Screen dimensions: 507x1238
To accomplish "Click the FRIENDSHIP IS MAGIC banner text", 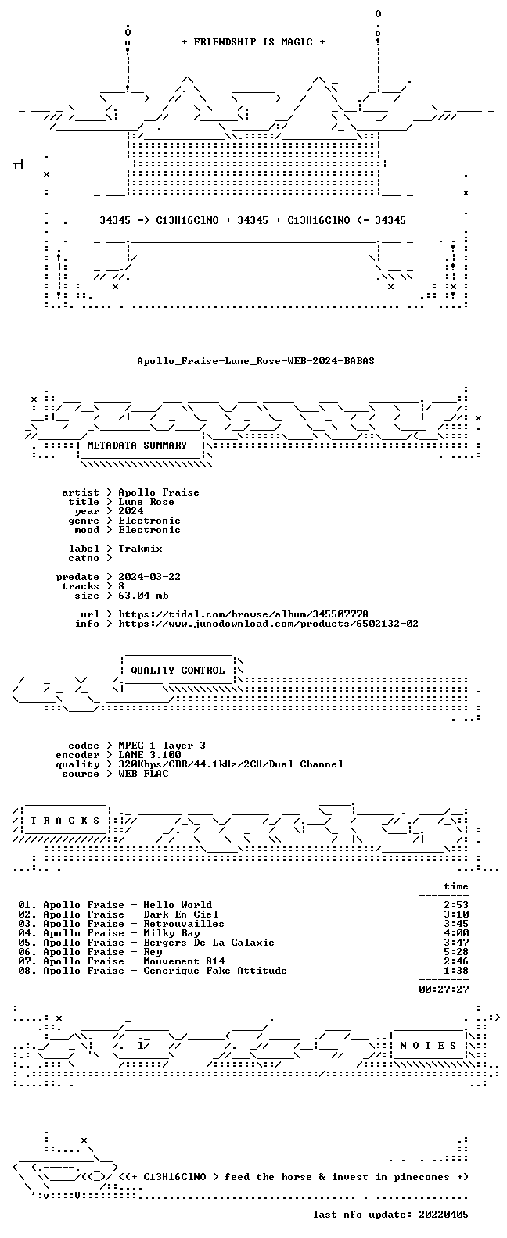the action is [x=253, y=42].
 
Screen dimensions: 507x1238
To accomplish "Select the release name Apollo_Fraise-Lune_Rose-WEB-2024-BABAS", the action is [x=256, y=361].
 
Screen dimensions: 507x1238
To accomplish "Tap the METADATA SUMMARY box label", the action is [x=137, y=445].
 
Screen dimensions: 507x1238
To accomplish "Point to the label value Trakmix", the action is [x=140, y=549].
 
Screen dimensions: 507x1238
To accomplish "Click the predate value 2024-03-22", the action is [x=149, y=577].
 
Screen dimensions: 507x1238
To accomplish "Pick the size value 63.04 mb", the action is [x=143, y=596].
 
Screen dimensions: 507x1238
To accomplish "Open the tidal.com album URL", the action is [x=243, y=614].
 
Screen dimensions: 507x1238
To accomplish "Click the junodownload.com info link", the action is [x=268, y=624].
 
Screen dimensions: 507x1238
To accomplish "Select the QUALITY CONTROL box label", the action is [x=178, y=671].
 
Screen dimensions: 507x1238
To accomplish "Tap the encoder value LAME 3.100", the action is [x=149, y=755].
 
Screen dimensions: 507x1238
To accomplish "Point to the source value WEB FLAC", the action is [x=143, y=774].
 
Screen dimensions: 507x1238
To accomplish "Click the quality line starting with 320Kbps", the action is [x=231, y=764].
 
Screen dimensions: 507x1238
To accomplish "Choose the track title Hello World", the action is [x=178, y=905].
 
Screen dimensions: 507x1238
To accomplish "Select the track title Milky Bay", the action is [x=171, y=933].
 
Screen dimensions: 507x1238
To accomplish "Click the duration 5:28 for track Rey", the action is [x=456, y=952].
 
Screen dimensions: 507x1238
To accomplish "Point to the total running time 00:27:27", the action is [x=444, y=989].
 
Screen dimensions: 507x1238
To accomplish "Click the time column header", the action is [x=456, y=886].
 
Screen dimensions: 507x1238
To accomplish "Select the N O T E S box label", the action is [x=428, y=1046].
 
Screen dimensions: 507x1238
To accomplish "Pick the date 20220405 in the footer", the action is [x=444, y=1215].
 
